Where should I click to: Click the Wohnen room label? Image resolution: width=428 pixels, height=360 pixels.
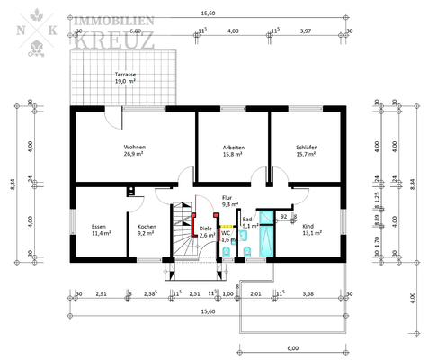[135, 150]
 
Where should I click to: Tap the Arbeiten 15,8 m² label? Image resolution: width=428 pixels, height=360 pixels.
[234, 150]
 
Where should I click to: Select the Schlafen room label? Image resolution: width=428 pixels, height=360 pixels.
[308, 150]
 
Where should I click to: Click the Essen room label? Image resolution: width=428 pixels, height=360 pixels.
[101, 229]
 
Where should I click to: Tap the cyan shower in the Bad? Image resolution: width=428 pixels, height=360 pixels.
[266, 234]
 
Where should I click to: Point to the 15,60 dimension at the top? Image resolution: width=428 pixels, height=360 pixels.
[208, 13]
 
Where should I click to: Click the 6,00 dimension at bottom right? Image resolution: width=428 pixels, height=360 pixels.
[293, 347]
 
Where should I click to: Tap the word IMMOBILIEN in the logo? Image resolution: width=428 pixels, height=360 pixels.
[113, 19]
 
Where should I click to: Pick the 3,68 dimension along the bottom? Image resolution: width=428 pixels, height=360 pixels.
[308, 293]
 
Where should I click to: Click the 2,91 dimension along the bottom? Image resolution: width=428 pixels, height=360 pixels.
[102, 293]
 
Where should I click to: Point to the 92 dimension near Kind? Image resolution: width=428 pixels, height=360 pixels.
[283, 217]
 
